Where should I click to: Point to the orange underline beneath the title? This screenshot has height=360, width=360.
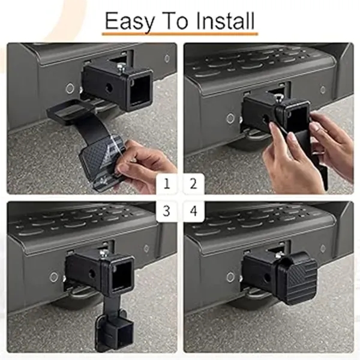[x=180, y=34]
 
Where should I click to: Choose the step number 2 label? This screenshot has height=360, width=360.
[x=193, y=183]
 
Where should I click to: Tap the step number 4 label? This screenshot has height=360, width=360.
[x=193, y=211]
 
